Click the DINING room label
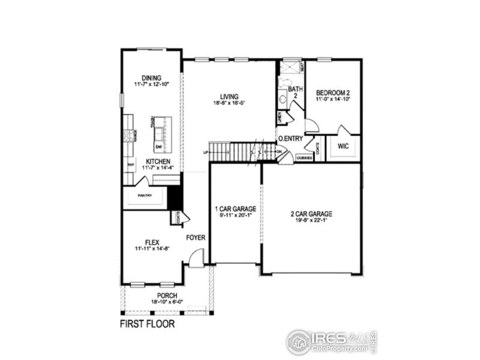[151, 77]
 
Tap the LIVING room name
[229, 96]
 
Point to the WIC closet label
[343, 146]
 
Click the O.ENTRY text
[289, 139]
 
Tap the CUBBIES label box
[304, 158]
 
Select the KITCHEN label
[158, 162]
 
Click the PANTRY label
[145, 195]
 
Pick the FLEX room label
[151, 242]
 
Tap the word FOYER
[196, 238]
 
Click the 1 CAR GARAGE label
[235, 209]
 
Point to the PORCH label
[167, 296]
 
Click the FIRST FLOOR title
[147, 325]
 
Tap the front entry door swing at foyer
[196, 259]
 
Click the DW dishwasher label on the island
[158, 147]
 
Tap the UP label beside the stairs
[206, 152]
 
